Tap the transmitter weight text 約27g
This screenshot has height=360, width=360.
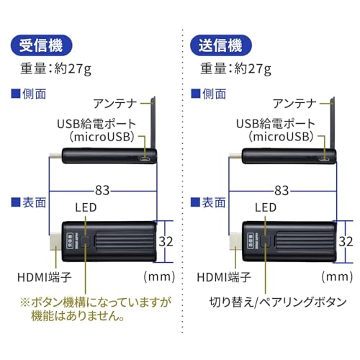pos(257,71)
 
